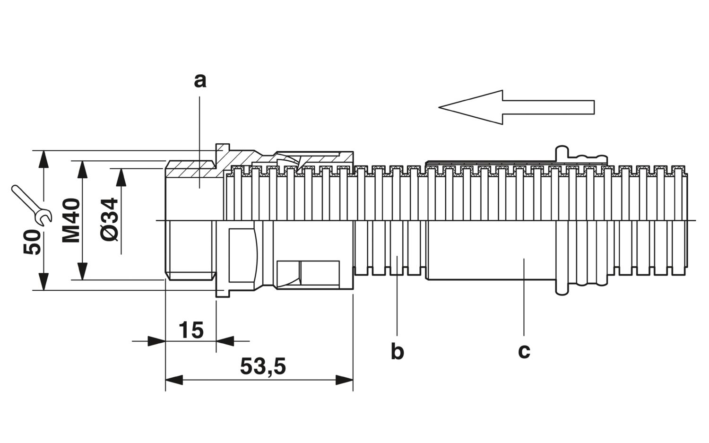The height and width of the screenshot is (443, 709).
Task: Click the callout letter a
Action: pyautogui.click(x=200, y=81)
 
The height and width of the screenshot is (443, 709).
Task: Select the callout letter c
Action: pyautogui.click(x=524, y=351)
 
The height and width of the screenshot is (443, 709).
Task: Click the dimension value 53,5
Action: pyautogui.click(x=263, y=366)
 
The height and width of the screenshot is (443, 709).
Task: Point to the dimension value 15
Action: pyautogui.click(x=191, y=330)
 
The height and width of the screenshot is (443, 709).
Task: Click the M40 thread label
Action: pyautogui.click(x=70, y=220)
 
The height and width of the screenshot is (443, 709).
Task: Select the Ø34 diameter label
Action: pyautogui.click(x=110, y=220)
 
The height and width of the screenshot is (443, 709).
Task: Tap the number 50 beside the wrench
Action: pyautogui.click(x=32, y=243)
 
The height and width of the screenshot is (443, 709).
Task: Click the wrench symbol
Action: pyautogui.click(x=32, y=206)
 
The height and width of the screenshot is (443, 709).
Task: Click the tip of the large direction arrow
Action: pyautogui.click(x=439, y=107)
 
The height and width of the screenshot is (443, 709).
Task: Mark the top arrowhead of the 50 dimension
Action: pyautogui.click(x=43, y=159)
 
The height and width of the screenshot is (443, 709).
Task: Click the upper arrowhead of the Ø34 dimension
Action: pyautogui.click(x=121, y=177)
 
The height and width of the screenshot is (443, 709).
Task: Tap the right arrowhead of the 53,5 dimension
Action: pyautogui.click(x=344, y=380)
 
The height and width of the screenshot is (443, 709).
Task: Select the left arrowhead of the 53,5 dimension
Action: pyautogui.click(x=174, y=380)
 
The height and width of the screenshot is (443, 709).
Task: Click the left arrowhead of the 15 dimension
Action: pyautogui.click(x=156, y=341)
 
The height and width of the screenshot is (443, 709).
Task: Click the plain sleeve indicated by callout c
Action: pyautogui.click(x=491, y=250)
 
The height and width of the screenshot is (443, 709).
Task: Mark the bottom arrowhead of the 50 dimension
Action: pyautogui.click(x=43, y=281)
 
